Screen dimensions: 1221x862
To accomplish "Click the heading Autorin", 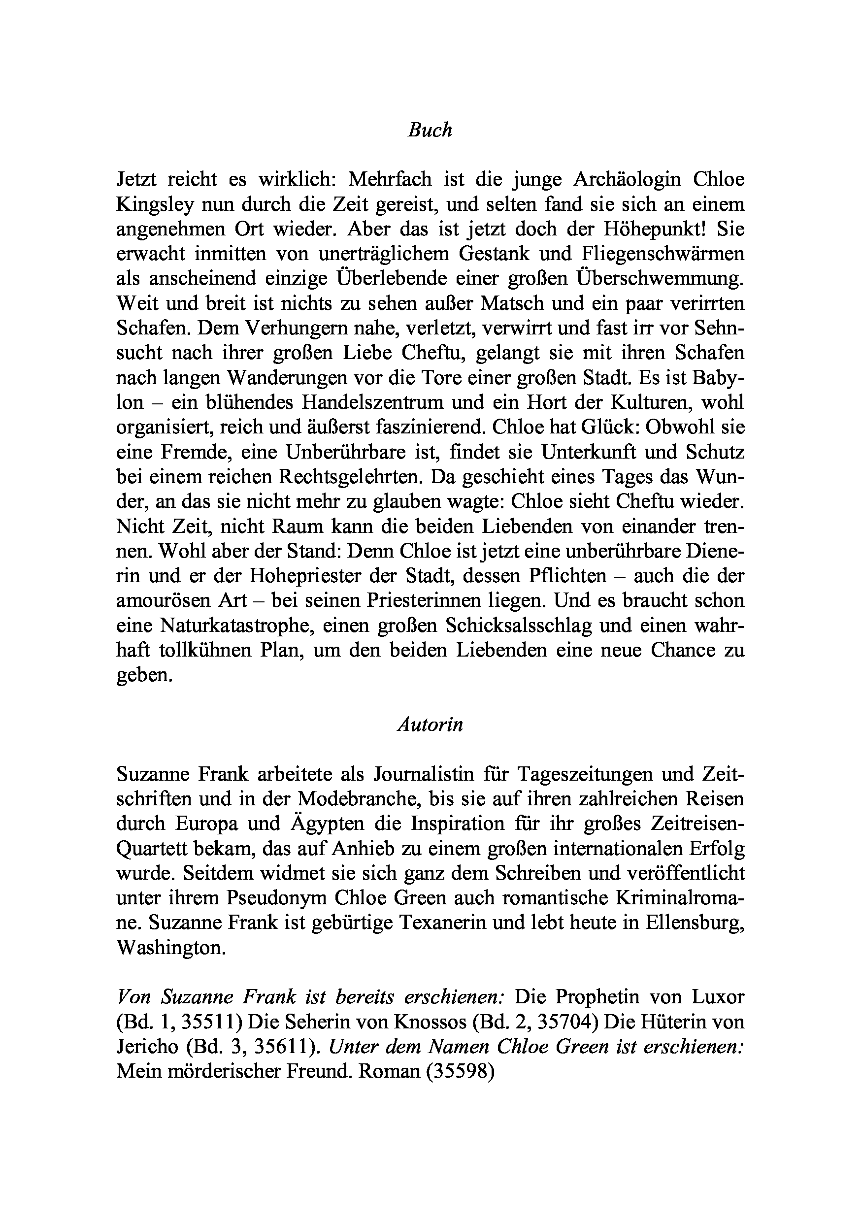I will (x=430, y=725).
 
